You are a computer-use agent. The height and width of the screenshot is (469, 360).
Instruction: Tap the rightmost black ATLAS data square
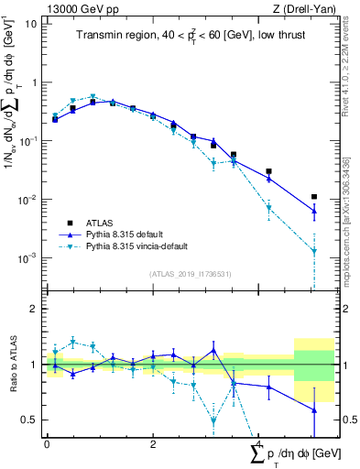314,196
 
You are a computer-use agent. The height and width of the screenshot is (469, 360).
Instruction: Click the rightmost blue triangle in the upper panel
314,212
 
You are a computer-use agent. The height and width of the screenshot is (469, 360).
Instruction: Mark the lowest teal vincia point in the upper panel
314,251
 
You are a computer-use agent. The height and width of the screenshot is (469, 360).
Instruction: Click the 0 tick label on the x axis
47,443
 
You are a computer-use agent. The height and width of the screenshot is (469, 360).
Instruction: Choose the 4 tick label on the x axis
259,443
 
